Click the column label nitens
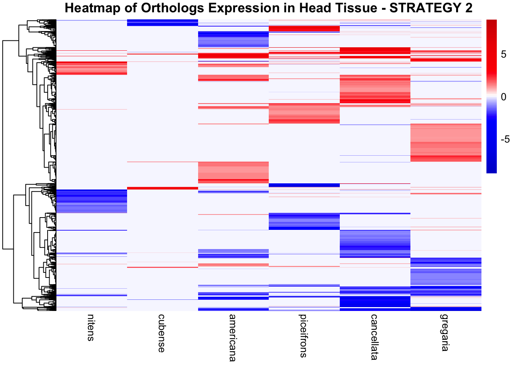90,327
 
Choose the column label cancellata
374,337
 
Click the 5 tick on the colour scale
504,55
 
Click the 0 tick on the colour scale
504,97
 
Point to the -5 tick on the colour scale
505,139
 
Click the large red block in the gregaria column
446,142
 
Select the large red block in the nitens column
91,68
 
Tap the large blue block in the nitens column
91,201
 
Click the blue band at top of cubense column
162,23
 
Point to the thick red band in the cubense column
162,188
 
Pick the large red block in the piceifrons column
304,113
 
